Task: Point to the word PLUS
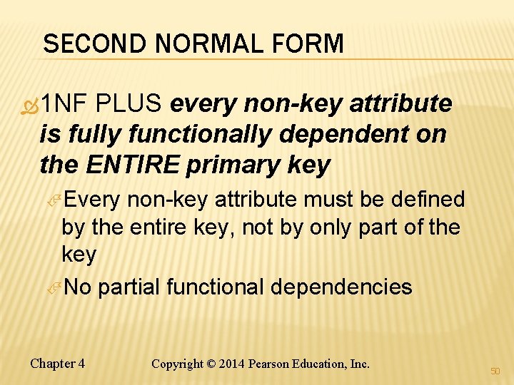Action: click(x=132, y=104)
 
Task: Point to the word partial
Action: click(x=128, y=287)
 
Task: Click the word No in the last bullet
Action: click(x=77, y=287)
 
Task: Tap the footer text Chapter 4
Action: click(x=58, y=364)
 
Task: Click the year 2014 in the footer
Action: click(x=233, y=364)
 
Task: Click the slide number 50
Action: click(x=495, y=371)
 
